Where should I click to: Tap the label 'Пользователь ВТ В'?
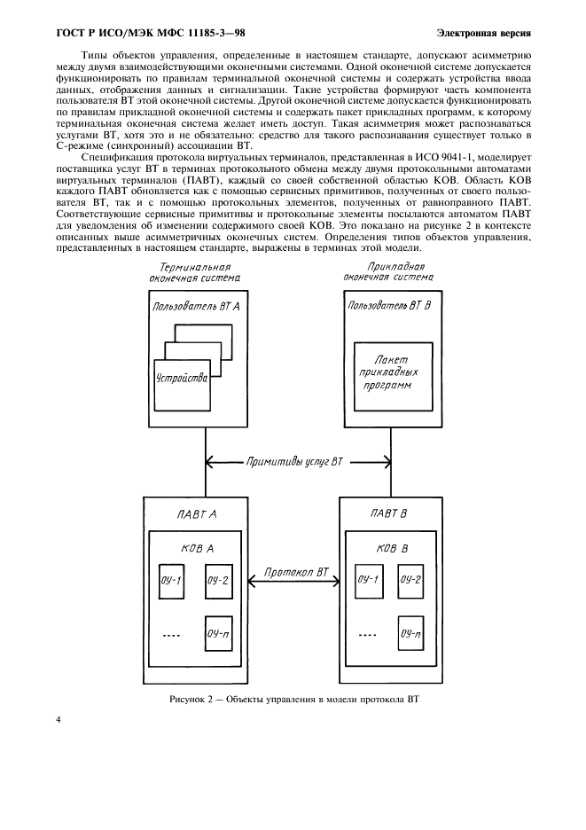coord(391,304)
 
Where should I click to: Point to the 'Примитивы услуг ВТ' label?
coord(294,462)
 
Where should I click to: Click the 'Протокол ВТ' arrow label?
coord(296,576)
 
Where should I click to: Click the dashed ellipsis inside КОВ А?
coord(173,636)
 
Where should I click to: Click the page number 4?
coord(59,720)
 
